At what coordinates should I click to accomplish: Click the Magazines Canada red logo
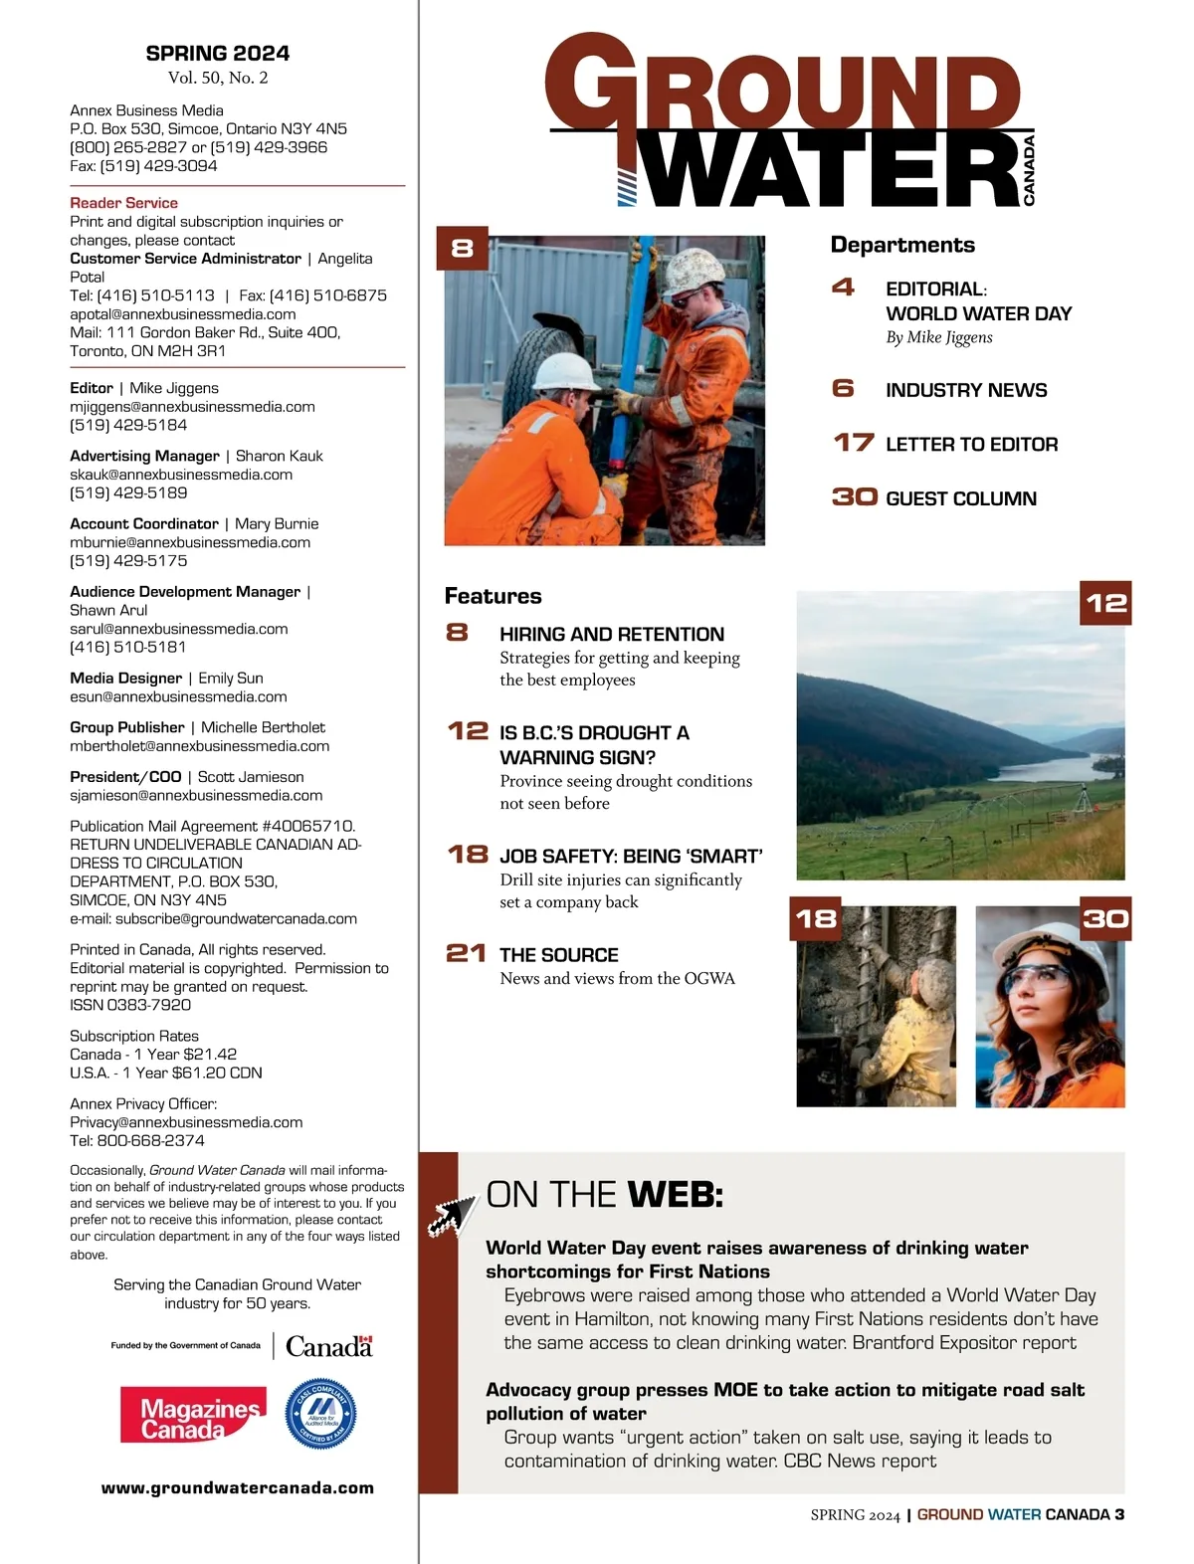point(193,1414)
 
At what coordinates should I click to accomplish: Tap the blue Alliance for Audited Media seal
point(320,1414)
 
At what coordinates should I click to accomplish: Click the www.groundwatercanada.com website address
point(238,1488)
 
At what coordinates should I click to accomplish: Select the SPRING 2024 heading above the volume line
point(218,54)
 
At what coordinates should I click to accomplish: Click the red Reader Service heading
point(123,203)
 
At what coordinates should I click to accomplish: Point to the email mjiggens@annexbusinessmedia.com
point(192,407)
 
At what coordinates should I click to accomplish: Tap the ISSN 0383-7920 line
point(130,1005)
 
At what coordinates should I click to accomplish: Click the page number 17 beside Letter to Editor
point(854,443)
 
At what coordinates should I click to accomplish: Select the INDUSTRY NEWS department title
point(966,390)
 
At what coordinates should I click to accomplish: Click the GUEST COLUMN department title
point(961,498)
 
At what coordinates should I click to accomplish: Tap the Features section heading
point(494,596)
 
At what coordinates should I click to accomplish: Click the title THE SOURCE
point(559,955)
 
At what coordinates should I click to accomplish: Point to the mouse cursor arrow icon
point(452,1213)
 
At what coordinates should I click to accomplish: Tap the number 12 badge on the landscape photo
point(1105,603)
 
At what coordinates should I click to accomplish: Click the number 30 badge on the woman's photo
point(1105,918)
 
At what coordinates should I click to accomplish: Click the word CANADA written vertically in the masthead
point(1029,170)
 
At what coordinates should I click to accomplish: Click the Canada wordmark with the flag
point(328,1346)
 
